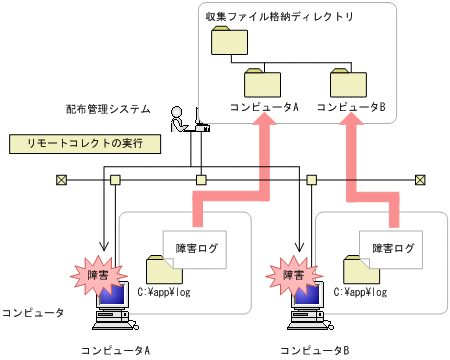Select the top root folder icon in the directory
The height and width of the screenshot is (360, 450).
click(228, 42)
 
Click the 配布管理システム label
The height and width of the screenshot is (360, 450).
click(109, 107)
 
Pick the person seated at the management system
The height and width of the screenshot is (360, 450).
click(180, 118)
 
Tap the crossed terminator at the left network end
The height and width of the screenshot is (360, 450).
click(61, 180)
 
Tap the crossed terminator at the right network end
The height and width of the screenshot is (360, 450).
click(420, 180)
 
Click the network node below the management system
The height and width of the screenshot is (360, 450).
click(201, 180)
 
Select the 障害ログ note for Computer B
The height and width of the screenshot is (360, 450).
click(392, 246)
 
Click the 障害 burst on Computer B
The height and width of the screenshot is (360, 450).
click(290, 273)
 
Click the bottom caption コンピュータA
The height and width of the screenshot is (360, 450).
click(116, 350)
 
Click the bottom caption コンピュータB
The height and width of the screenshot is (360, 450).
click(313, 350)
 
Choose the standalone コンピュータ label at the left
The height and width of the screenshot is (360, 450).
click(32, 313)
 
